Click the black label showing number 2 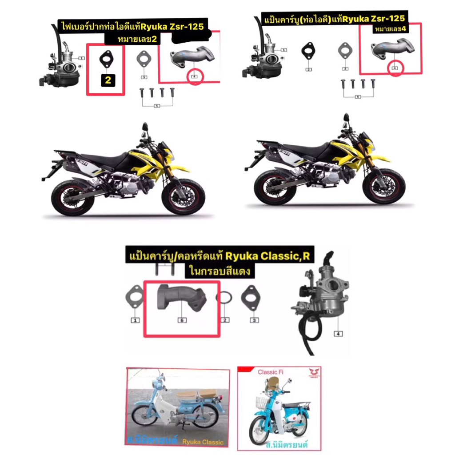click(108, 80)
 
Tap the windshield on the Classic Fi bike click(273, 383)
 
